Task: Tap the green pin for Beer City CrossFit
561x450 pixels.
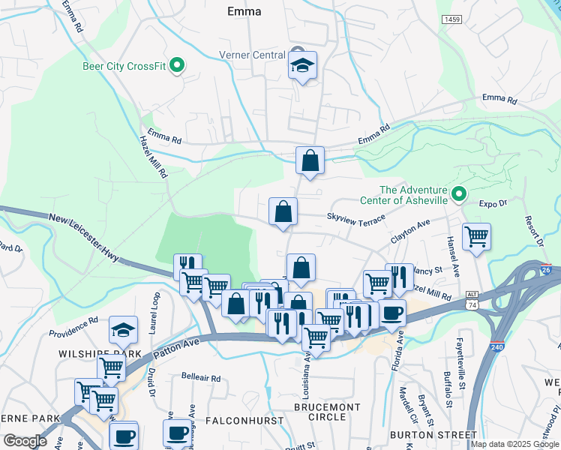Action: pyautogui.click(x=177, y=65)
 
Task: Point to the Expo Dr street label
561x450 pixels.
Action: pyautogui.click(x=493, y=203)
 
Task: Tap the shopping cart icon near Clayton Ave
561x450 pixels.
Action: pyautogui.click(x=476, y=236)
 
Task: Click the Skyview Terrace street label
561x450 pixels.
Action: pyautogui.click(x=355, y=216)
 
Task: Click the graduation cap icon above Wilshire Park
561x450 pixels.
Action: pyautogui.click(x=124, y=329)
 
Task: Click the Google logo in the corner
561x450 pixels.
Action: pyautogui.click(x=25, y=441)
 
